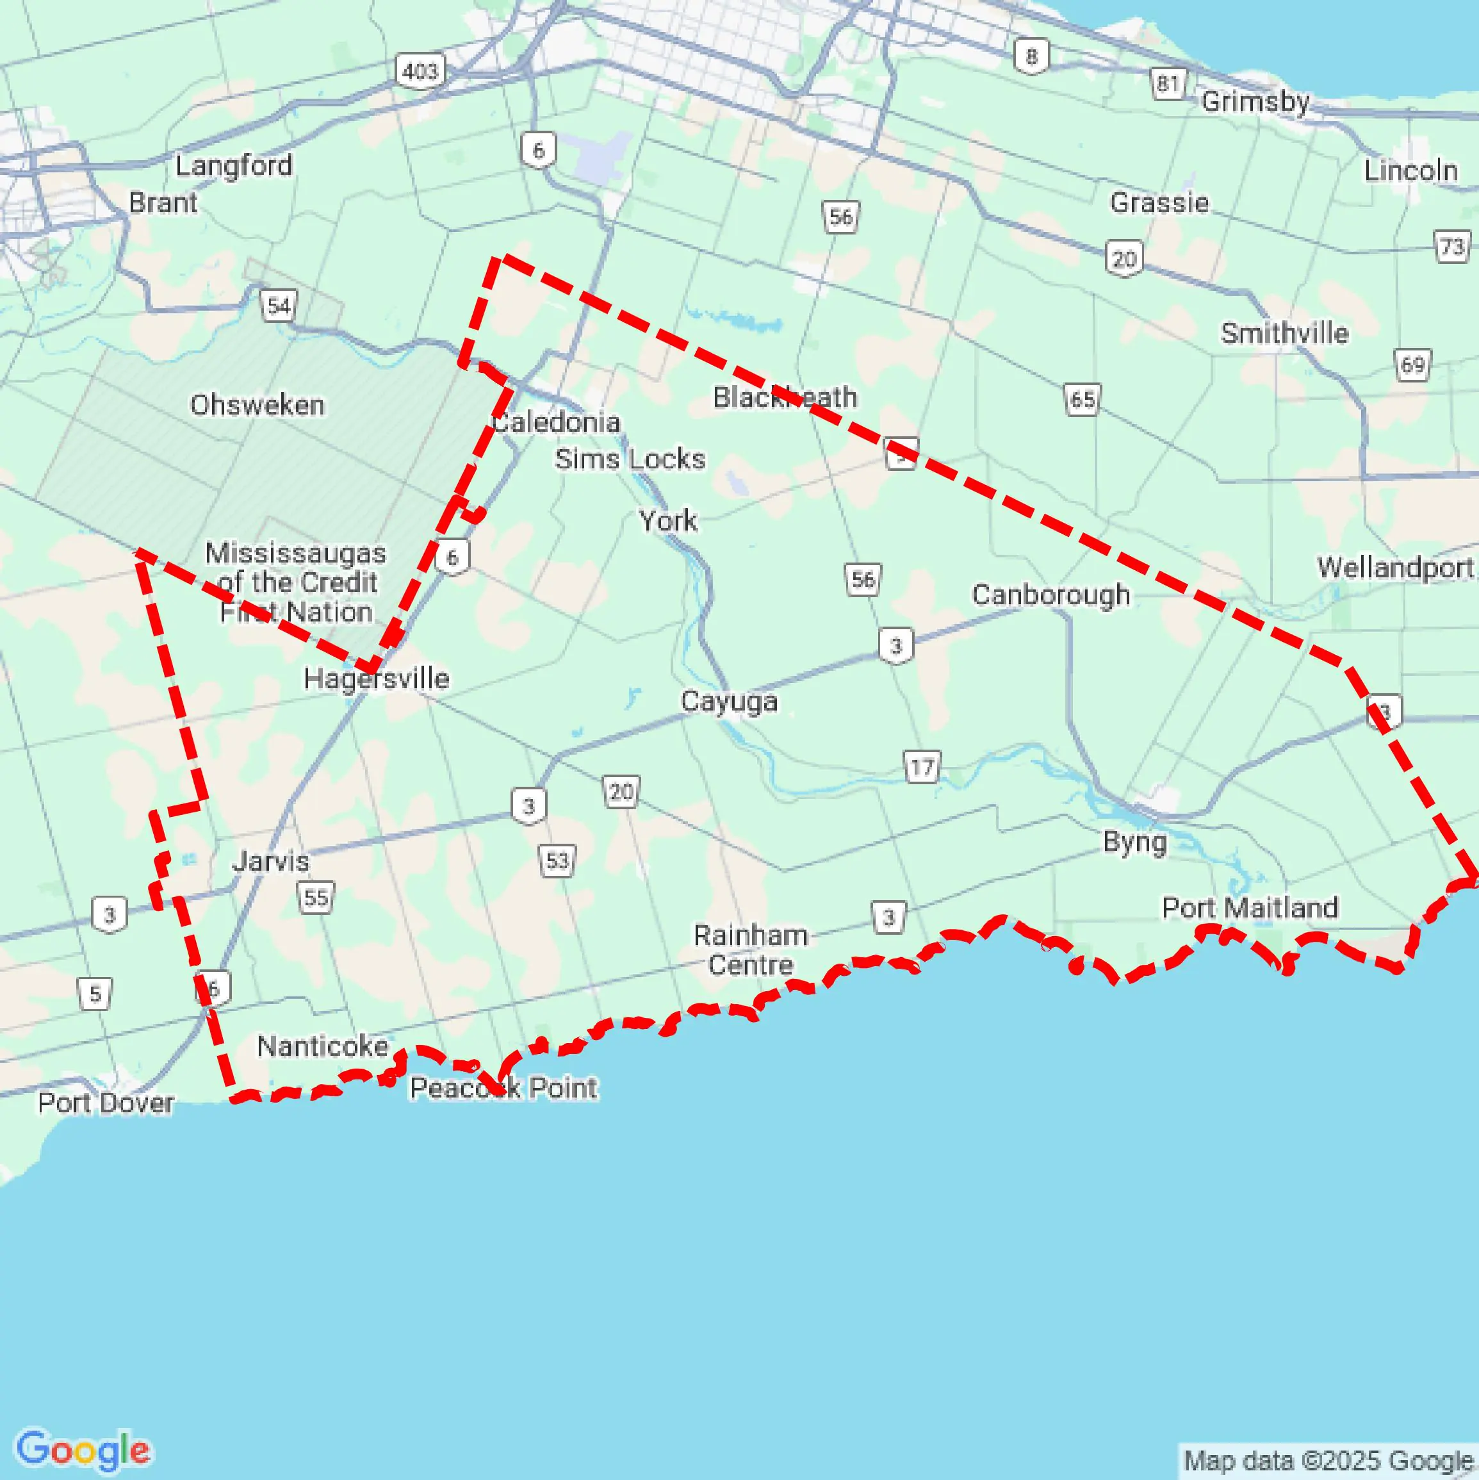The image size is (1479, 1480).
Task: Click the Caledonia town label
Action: (556, 422)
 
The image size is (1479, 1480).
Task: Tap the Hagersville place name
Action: (376, 678)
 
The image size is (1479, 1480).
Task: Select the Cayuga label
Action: (729, 701)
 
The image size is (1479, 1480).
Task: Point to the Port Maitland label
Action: (1249, 908)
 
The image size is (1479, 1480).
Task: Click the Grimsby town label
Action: (1255, 101)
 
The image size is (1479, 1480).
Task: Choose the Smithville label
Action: (1284, 333)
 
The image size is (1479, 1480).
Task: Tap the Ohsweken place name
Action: (257, 404)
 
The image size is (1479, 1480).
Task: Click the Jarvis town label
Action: (271, 861)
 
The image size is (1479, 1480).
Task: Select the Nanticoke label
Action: (322, 1046)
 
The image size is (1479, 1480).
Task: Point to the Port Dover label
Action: (106, 1103)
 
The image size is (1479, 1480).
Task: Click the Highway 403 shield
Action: (420, 71)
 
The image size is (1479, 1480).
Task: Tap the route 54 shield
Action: (279, 306)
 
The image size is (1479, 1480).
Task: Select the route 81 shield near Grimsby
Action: (1167, 83)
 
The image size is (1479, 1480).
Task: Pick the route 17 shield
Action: (922, 767)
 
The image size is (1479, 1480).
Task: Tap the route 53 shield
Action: (557, 860)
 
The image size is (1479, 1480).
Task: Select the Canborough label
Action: (1051, 595)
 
